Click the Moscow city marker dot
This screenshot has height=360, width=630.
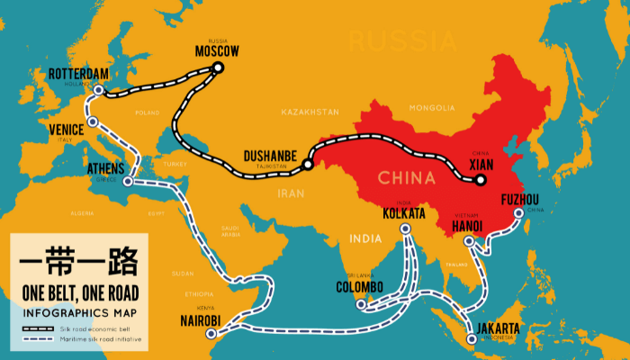pyautogui.click(x=218, y=67)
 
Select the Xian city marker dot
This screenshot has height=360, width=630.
pyautogui.click(x=481, y=179)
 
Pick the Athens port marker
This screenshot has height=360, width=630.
pyautogui.click(x=127, y=183)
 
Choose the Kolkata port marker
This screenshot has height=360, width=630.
pyautogui.click(x=405, y=229)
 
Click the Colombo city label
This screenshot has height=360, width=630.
pyautogui.click(x=359, y=287)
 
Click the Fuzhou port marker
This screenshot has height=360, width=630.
pyautogui.click(x=518, y=214)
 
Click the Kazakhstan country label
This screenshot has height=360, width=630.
pyautogui.click(x=310, y=112)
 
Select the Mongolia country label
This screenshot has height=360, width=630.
pyautogui.click(x=432, y=108)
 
